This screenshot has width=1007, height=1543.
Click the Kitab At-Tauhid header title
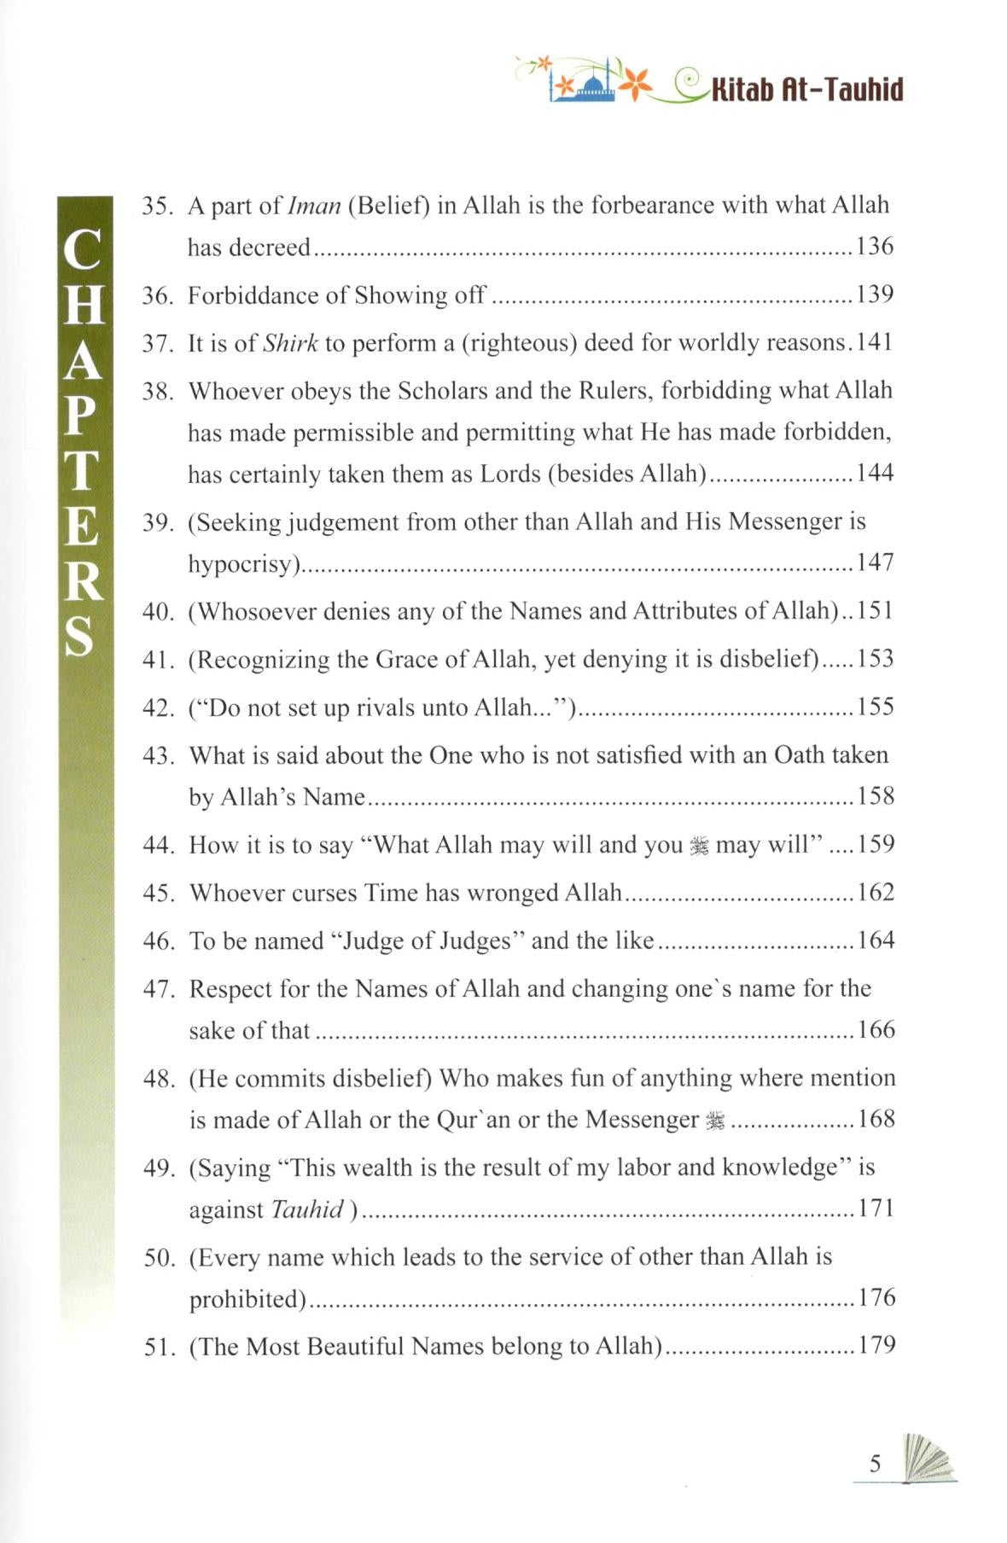click(806, 89)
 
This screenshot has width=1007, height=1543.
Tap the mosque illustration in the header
click(584, 84)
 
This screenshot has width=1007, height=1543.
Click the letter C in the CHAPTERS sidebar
click(83, 249)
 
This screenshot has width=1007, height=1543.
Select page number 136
click(875, 247)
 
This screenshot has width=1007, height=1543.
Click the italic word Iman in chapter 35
click(314, 206)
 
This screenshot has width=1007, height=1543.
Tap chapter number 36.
click(157, 295)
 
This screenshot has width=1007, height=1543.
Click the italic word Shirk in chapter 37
click(290, 343)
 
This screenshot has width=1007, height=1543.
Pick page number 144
click(875, 473)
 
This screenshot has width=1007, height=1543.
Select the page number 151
click(875, 611)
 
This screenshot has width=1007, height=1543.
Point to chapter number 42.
click(158, 707)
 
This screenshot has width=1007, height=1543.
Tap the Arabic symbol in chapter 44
click(699, 846)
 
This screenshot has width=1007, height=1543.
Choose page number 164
click(876, 940)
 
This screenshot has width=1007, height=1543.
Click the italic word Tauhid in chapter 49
click(307, 1209)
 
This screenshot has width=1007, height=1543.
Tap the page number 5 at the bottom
click(875, 1464)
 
